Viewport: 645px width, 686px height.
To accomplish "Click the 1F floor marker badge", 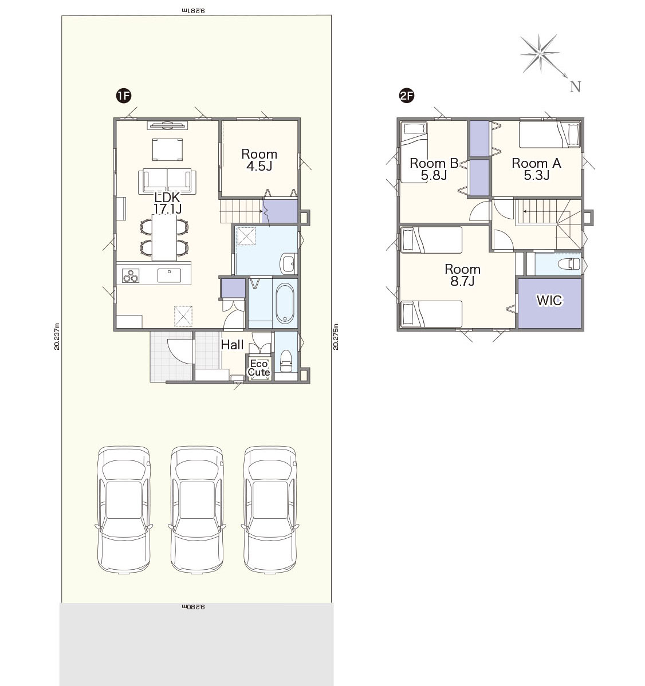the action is coord(124,96).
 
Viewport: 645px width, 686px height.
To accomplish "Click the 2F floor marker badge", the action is coord(407,96).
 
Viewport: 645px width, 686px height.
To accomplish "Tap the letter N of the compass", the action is coord(576,86).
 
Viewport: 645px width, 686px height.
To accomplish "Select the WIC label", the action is coord(549,300).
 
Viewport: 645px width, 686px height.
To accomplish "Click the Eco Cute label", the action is coord(258,368).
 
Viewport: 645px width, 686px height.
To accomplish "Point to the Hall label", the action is coord(232,345).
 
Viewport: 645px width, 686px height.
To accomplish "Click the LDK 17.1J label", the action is coord(167,203).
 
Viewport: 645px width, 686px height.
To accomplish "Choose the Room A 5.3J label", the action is coord(537,169).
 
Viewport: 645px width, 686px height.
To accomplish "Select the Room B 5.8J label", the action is coord(434,169).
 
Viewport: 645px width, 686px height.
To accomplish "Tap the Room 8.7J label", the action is coord(462,275).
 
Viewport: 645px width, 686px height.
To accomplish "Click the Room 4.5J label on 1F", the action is coord(259,160).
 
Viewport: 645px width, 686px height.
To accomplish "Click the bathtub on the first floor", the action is coord(285,303).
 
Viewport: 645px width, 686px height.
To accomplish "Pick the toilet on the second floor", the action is coord(569,264).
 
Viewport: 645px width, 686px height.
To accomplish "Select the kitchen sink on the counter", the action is coord(170,275).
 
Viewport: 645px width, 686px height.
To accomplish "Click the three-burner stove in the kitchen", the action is coord(131,275).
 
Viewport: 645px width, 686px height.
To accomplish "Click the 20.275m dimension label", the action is coord(336,337).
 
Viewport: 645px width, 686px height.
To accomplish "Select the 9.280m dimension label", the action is coord(193,607).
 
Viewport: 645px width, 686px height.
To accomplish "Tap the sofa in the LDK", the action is coord(167,181).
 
